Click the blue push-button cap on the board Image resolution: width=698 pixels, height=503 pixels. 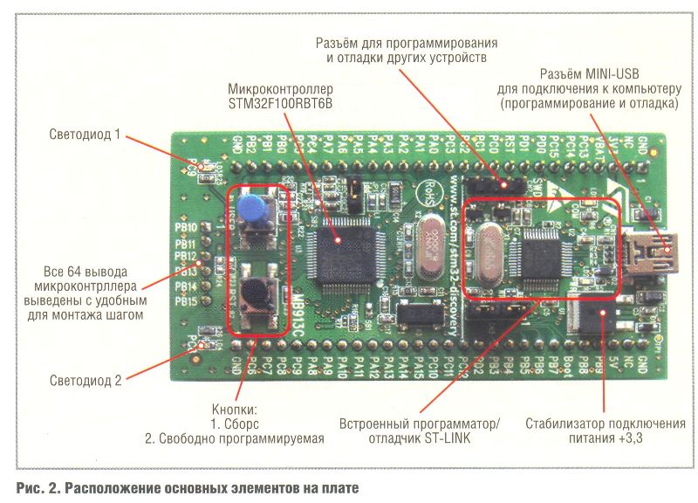click(251, 208)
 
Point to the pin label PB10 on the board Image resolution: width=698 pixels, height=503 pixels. click(186, 229)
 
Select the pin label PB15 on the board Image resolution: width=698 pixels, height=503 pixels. click(186, 301)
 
